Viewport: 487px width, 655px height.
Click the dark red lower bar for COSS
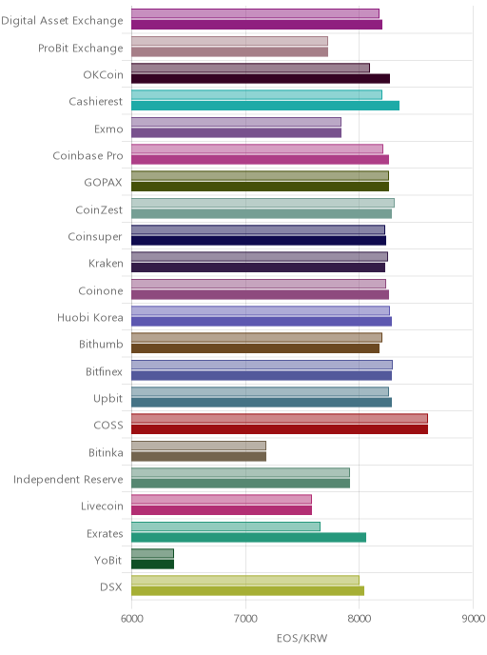(280, 429)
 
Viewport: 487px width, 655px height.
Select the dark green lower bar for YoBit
(153, 565)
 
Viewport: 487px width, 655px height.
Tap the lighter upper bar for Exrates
(225, 526)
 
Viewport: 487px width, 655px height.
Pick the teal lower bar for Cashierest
(265, 106)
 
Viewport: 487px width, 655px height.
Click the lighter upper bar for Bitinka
(199, 446)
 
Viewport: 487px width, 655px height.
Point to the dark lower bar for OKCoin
(261, 78)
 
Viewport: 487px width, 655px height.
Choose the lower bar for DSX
(248, 590)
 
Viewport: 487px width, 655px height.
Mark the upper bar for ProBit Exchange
(229, 41)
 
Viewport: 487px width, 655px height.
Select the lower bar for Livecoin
(222, 510)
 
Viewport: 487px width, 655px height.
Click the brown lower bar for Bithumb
(256, 348)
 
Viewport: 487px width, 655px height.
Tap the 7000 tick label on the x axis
(245, 619)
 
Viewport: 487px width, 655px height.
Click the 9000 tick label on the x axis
(474, 619)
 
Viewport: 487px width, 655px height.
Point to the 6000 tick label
(131, 619)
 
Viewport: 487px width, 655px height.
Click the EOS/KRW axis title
(302, 638)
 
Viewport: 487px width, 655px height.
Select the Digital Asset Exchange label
(62, 21)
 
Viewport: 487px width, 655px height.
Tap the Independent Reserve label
(68, 479)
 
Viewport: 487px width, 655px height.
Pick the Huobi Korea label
(90, 317)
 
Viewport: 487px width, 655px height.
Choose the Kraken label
(106, 263)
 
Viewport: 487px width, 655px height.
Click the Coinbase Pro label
(88, 155)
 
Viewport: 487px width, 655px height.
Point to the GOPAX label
(103, 183)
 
